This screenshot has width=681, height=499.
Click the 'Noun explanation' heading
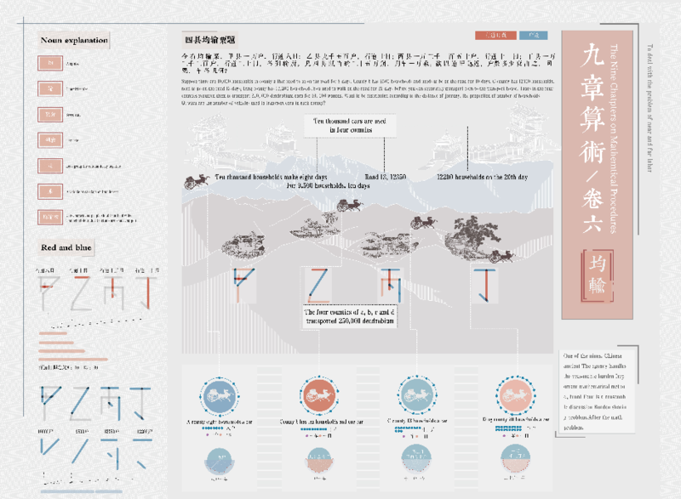pos(74,40)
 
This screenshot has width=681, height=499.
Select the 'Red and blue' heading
pos(67,247)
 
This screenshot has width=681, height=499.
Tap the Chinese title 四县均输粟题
pos(209,40)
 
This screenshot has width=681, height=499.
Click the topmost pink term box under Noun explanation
pos(49,63)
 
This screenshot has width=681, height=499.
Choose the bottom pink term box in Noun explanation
pos(49,217)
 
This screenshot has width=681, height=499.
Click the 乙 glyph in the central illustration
pos(317,286)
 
